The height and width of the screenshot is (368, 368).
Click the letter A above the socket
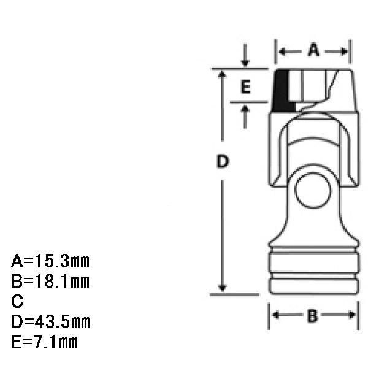pos(313,50)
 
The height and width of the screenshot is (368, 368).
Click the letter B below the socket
pos(312,316)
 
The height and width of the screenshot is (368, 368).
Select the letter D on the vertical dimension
pos(222,161)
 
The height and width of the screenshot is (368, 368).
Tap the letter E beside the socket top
pos(246,87)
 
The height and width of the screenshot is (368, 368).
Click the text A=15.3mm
pos(50,261)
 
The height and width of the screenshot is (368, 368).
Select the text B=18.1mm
pos(50,281)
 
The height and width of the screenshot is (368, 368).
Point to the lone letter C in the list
pos(17,301)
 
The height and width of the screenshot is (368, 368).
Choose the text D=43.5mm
pos(50,322)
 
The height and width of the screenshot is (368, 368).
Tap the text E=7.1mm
pos(44,342)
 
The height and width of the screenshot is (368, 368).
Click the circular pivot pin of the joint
pos(313,190)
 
